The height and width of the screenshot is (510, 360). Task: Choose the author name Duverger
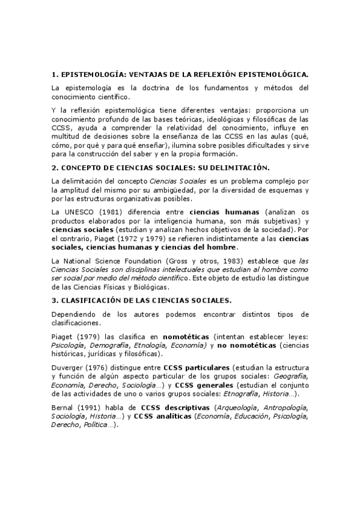pos(68,367)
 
